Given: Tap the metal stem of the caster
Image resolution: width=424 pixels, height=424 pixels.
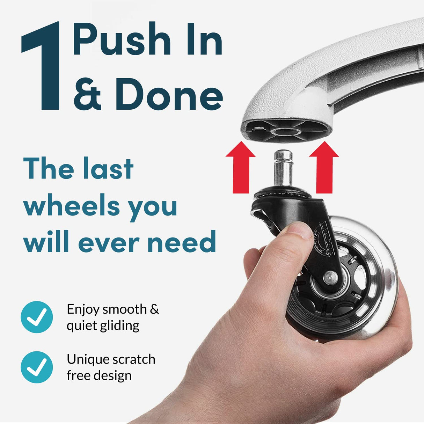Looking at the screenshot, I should coord(283,168).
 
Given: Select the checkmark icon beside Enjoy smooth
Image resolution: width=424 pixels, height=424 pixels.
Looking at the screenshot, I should coord(37,317).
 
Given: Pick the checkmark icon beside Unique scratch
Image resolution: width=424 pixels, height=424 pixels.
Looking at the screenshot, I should coord(37,367).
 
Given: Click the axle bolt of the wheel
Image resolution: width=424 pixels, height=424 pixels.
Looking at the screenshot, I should coord(328,278).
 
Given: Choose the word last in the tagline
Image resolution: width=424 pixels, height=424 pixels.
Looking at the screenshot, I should coord(108,169).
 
